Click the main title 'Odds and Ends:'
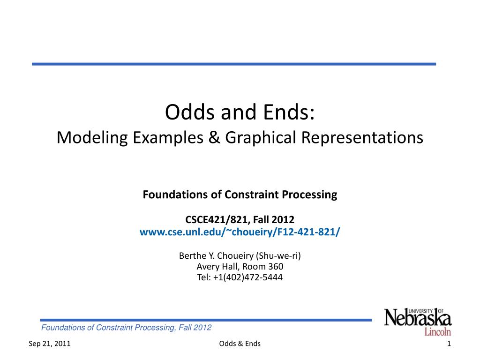(x=240, y=112)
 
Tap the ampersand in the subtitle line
(x=215, y=138)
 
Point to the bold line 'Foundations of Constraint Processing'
(x=240, y=195)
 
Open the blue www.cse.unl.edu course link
(x=240, y=232)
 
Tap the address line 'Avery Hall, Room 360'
(x=240, y=267)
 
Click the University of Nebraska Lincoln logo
(x=418, y=322)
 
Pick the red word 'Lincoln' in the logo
(x=438, y=332)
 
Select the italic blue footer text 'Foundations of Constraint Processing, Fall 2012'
(x=127, y=327)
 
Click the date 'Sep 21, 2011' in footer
(x=50, y=344)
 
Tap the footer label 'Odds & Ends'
(x=240, y=344)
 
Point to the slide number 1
(x=449, y=344)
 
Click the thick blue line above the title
(x=233, y=64)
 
